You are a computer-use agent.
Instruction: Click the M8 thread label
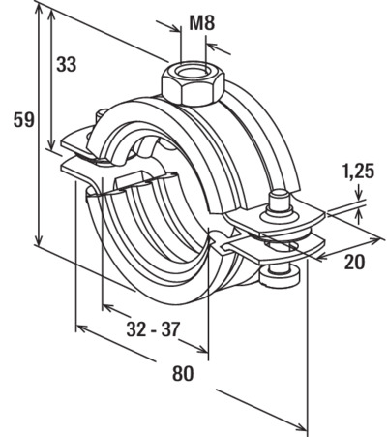(x=202, y=23)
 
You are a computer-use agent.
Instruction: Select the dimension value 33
(x=67, y=64)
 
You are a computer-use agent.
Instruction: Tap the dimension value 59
(x=23, y=120)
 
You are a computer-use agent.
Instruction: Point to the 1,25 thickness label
(x=358, y=172)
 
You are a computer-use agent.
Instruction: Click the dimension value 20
(x=354, y=262)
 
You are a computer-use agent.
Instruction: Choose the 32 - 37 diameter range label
(x=153, y=329)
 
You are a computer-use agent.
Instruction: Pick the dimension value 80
(x=183, y=373)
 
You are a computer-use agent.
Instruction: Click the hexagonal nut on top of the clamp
(x=193, y=84)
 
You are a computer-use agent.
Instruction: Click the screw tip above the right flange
(x=279, y=201)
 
